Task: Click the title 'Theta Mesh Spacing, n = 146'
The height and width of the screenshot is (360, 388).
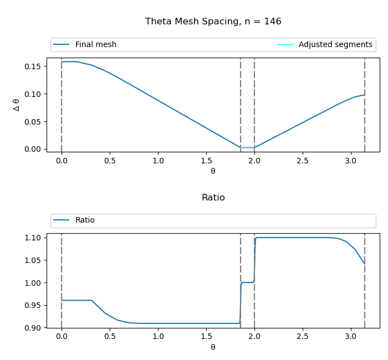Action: tap(213, 22)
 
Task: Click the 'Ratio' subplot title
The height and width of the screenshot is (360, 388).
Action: tap(213, 198)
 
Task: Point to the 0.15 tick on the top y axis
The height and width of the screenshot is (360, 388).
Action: tap(34, 66)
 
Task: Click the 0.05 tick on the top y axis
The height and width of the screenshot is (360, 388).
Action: tap(34, 121)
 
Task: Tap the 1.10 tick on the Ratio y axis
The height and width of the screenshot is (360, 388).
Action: tap(34, 238)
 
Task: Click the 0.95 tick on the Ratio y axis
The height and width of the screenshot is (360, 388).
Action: tap(34, 305)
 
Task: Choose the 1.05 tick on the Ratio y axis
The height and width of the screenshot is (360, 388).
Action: tap(34, 260)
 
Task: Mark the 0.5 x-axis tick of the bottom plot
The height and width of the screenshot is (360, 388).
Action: tap(110, 337)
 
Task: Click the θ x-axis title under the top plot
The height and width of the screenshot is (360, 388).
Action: tap(213, 171)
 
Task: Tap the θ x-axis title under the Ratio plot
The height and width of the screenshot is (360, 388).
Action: tap(213, 347)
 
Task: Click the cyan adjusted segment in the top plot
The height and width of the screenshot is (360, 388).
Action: tap(247, 147)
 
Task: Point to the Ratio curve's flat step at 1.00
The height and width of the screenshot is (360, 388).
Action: tap(247, 282)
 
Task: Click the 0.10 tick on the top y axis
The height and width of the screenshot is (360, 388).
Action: tap(34, 94)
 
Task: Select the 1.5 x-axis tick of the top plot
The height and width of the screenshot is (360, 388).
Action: tap(206, 161)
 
